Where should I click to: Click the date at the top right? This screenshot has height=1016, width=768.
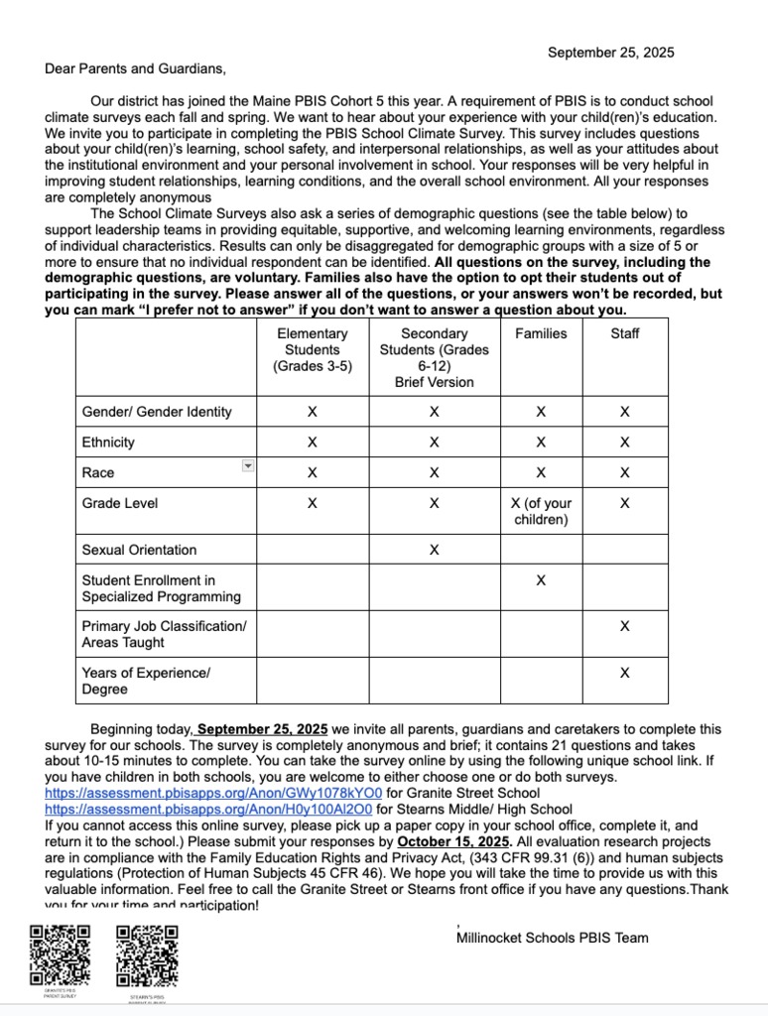[x=610, y=53]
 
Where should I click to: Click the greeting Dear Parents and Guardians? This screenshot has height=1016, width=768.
[x=135, y=68]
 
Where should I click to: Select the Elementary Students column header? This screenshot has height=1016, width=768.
[x=312, y=349]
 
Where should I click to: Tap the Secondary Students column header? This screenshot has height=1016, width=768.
[x=434, y=357]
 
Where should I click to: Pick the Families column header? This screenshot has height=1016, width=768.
[x=541, y=333]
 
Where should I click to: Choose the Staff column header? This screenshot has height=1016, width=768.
[x=624, y=333]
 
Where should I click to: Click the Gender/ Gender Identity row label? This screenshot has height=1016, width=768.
[x=157, y=412]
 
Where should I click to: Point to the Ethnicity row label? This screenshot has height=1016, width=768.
[x=108, y=443]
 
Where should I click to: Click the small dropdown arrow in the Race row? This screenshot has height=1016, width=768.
[x=248, y=465]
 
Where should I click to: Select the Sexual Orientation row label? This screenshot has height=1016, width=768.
[x=139, y=550]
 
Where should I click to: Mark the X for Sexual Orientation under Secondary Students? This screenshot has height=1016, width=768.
[x=434, y=550]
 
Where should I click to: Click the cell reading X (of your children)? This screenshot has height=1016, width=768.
[x=541, y=511]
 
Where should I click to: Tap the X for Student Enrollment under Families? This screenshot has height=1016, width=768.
[x=541, y=580]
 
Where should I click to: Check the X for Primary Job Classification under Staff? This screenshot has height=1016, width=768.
[x=624, y=626]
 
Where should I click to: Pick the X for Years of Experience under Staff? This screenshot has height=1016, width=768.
[x=624, y=673]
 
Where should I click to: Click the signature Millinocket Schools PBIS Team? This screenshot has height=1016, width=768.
[x=553, y=938]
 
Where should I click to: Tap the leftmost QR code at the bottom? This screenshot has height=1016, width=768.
[x=60, y=954]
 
